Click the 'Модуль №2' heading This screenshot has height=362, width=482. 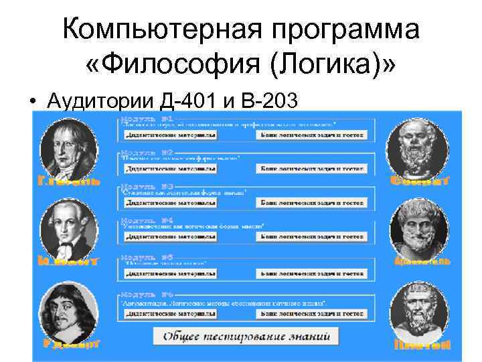point(147,152)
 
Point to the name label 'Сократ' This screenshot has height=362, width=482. point(420,180)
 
